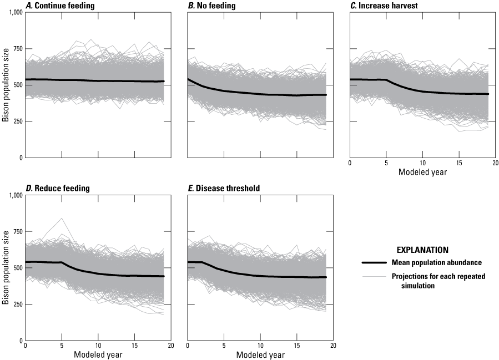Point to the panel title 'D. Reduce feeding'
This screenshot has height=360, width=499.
point(57,189)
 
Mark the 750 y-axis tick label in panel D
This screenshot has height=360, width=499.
point(17,231)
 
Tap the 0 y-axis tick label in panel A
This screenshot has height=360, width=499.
point(20,158)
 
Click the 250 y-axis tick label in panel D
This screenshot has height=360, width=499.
point(17,304)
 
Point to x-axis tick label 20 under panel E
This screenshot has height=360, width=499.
point(334,347)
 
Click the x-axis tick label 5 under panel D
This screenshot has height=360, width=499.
point(62,347)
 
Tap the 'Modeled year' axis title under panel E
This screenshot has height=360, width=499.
point(260,355)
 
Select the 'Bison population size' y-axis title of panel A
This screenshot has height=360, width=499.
point(5,85)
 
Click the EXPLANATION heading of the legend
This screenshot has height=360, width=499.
point(422,250)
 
